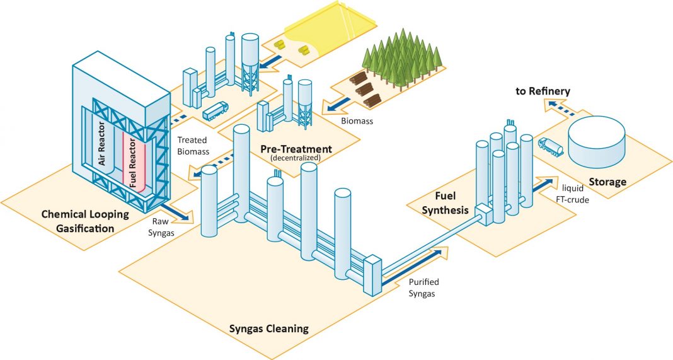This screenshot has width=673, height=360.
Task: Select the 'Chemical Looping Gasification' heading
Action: pyautogui.click(x=85, y=221)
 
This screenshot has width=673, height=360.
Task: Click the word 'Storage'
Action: pyautogui.click(x=607, y=182)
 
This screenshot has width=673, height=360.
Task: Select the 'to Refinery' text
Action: pyautogui.click(x=543, y=91)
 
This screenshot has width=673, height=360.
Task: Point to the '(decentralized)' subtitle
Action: pyautogui.click(x=296, y=159)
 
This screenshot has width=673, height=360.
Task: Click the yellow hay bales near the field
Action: pyautogui.click(x=299, y=47)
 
